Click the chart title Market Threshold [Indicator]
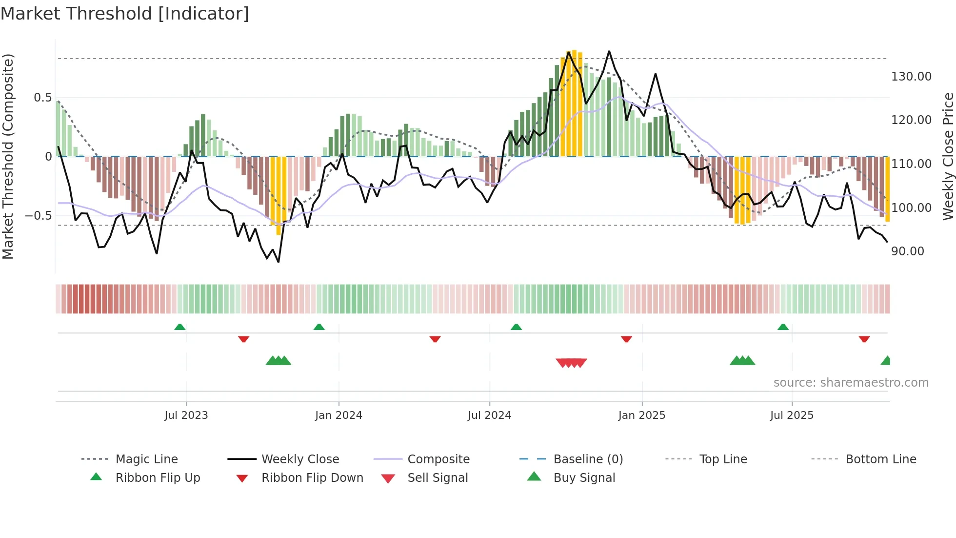125,14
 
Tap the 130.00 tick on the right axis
911,77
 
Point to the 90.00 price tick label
907,251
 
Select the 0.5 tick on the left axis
42,98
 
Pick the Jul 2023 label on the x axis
186,415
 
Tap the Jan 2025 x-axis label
641,415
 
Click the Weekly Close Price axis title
948,156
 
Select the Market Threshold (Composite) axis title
8,156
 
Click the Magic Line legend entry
146,459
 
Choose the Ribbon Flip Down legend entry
312,478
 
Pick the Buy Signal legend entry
584,478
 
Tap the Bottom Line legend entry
880,459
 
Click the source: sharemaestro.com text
851,383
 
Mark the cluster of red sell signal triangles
571,363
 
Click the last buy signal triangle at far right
886,361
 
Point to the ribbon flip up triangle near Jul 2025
783,327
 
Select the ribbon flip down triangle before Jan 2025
626,339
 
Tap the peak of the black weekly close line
609,52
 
